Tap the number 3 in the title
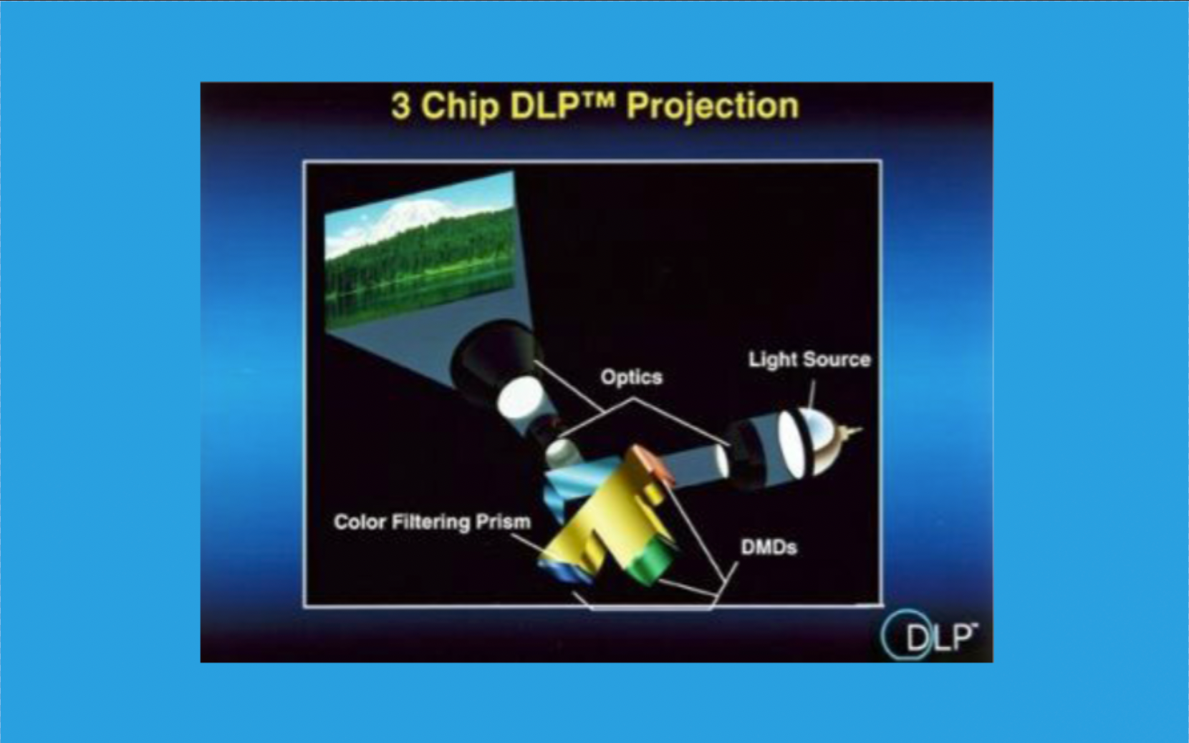401,106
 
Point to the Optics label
632,378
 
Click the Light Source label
809,359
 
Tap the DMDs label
769,548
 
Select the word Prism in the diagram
503,522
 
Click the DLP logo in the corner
930,635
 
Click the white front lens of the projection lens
520,399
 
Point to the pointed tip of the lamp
861,429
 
